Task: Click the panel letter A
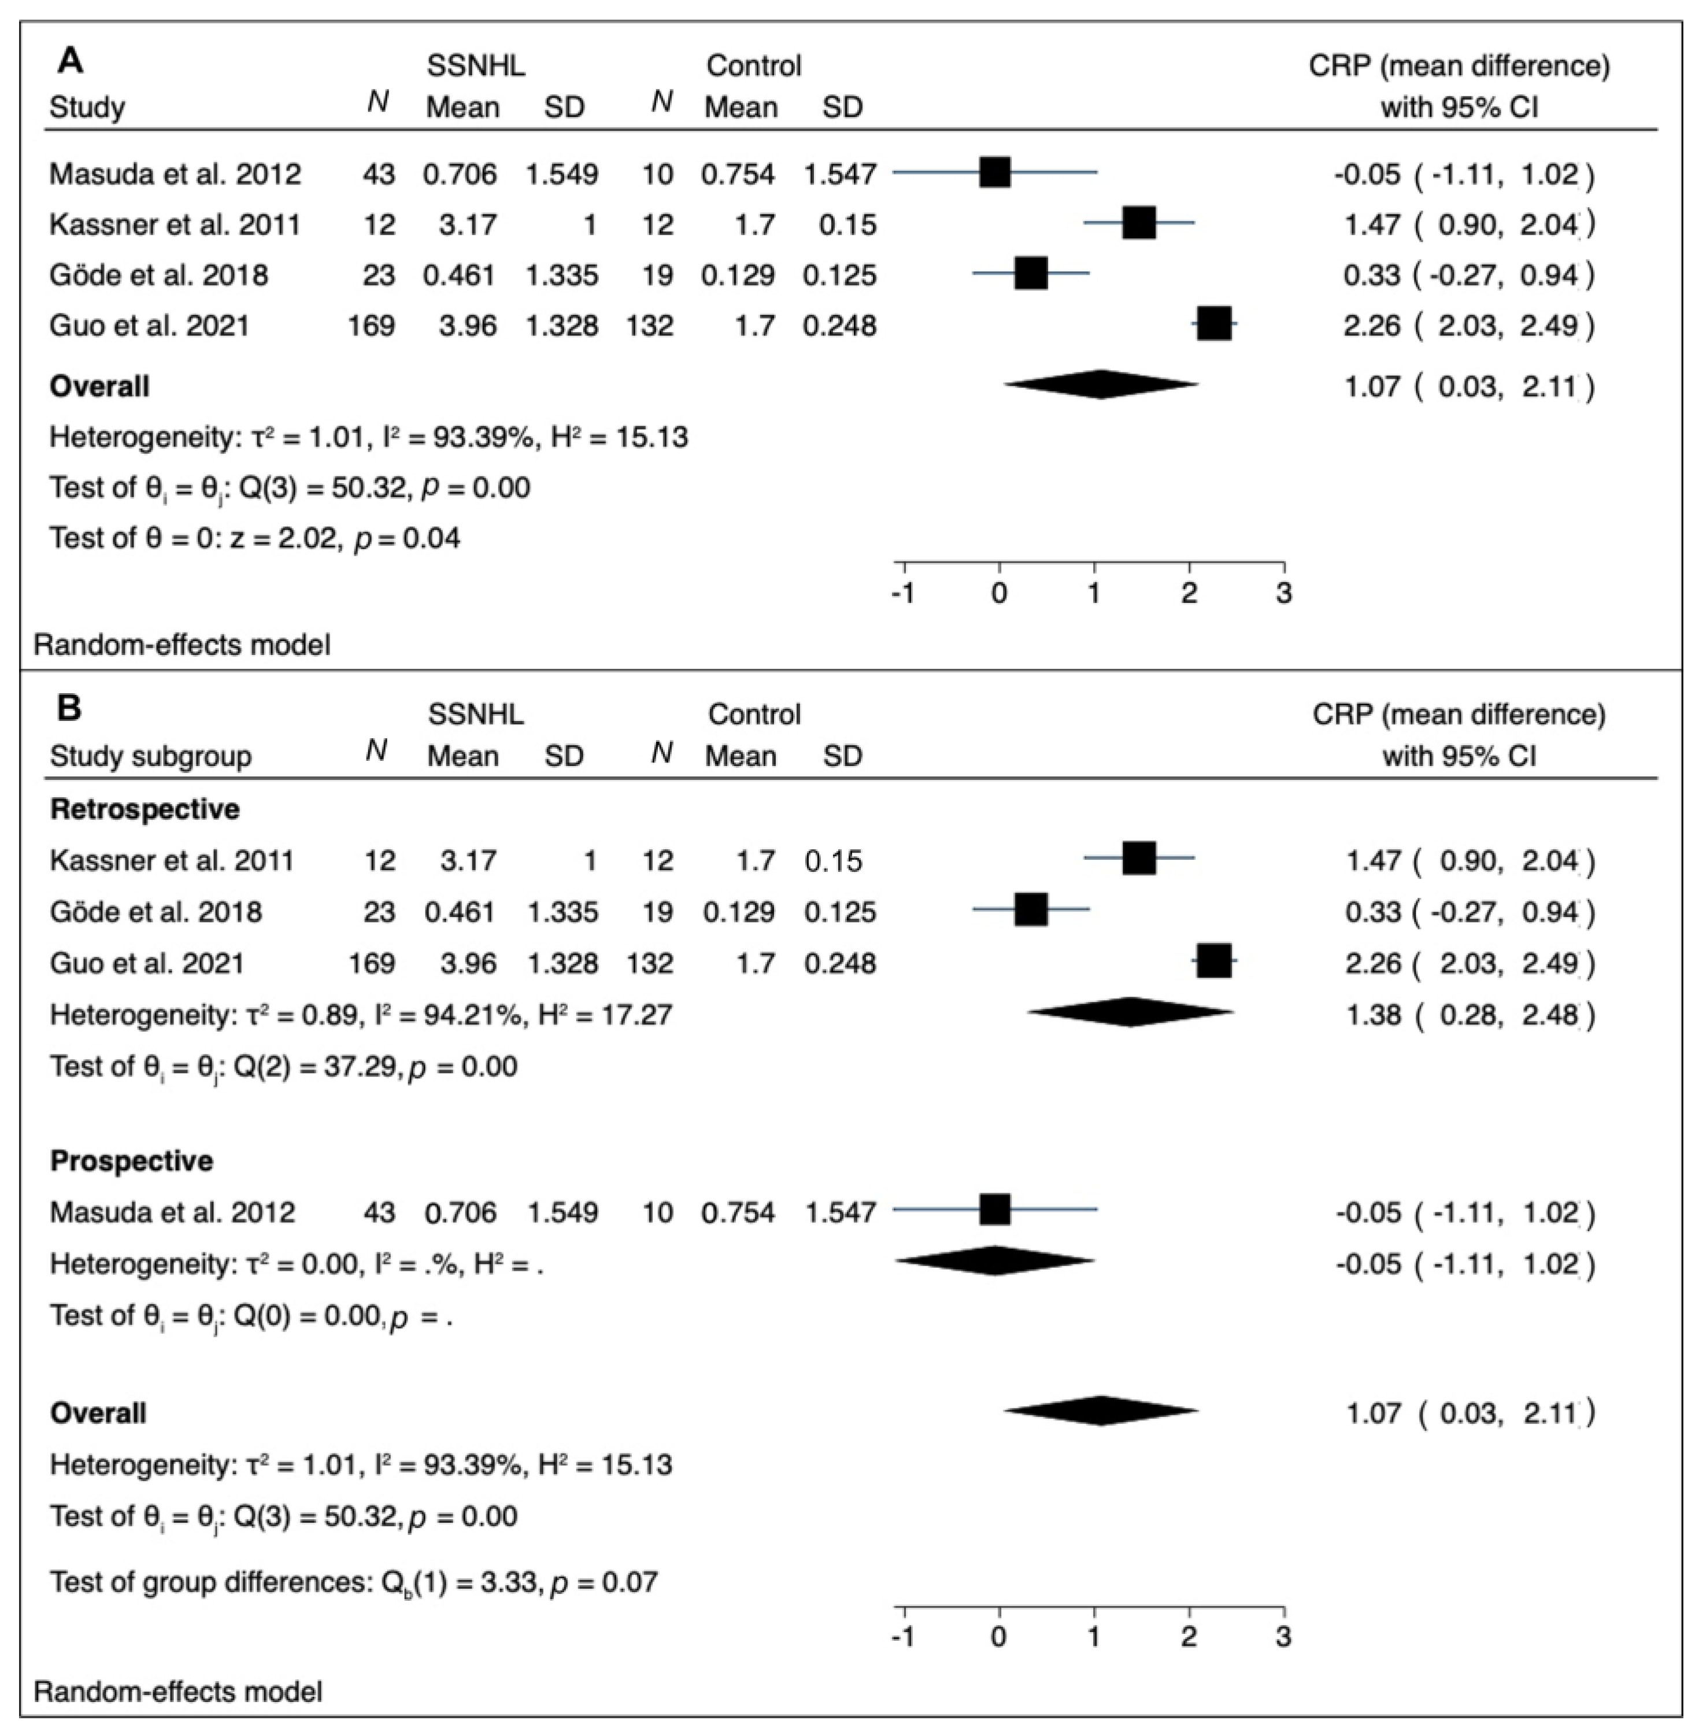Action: (71, 62)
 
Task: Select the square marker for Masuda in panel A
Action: (994, 172)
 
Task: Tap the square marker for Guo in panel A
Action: (1213, 324)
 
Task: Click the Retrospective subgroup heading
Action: (145, 809)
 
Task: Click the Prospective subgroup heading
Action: (131, 1160)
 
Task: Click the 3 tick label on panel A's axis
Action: (1283, 593)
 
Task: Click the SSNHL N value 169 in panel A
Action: (371, 325)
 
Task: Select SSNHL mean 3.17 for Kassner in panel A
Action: (468, 224)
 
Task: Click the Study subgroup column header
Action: (150, 756)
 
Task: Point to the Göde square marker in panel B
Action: (1031, 911)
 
